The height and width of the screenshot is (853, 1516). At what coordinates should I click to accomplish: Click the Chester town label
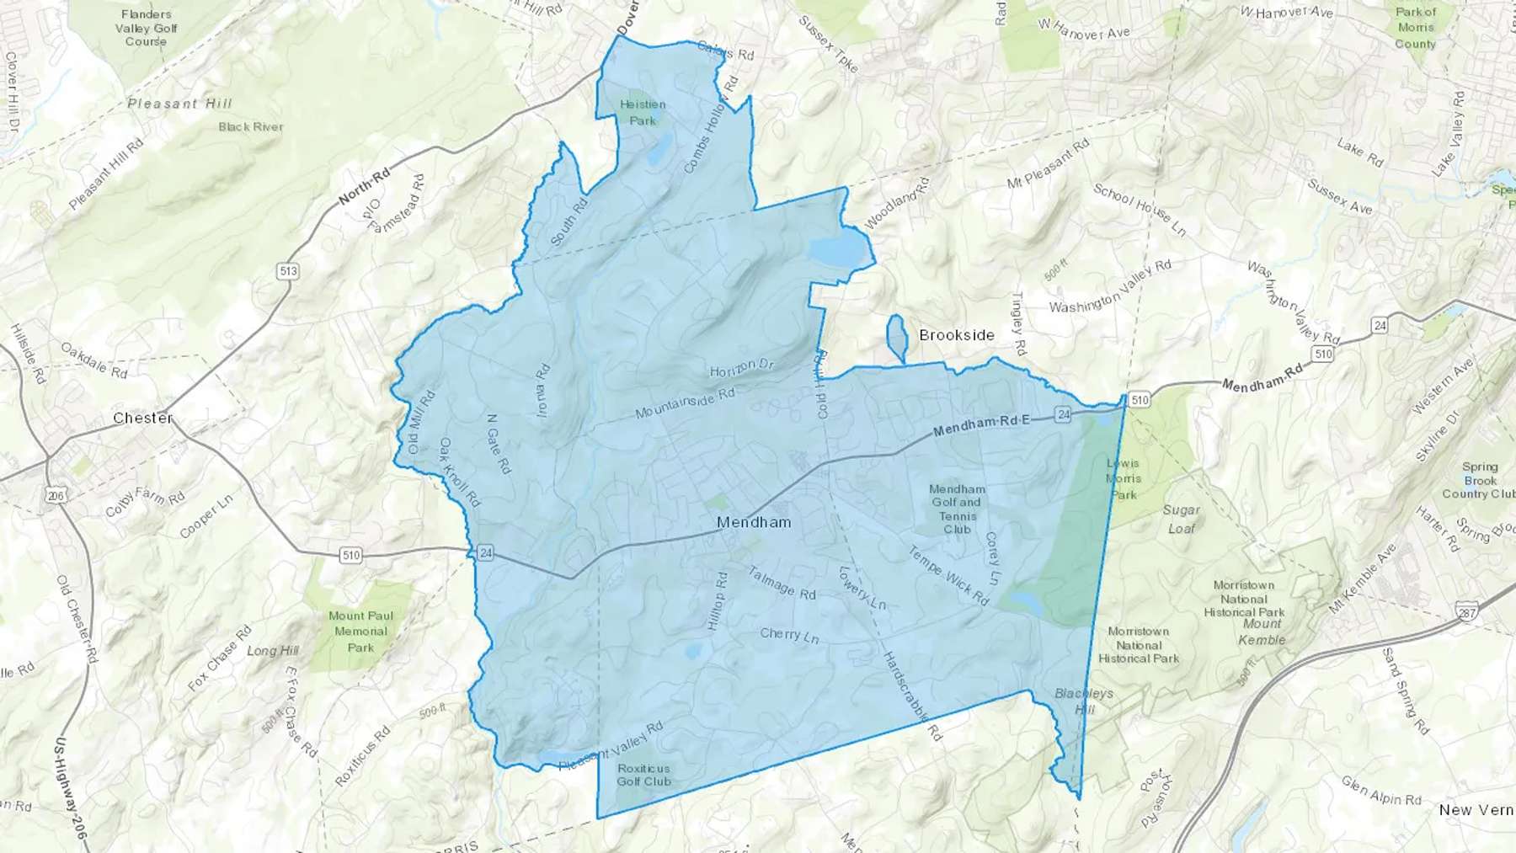click(x=143, y=418)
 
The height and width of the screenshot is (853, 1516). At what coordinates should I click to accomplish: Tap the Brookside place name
click(x=957, y=335)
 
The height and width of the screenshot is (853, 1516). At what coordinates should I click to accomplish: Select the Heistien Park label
click(x=643, y=112)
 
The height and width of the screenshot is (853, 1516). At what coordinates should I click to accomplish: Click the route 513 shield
click(x=288, y=271)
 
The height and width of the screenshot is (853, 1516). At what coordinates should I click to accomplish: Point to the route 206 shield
click(x=56, y=496)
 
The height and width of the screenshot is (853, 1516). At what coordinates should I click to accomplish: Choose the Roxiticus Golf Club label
click(x=644, y=775)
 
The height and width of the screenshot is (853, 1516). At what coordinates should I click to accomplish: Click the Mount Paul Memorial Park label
click(x=360, y=632)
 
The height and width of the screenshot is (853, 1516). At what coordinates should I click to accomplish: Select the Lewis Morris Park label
click(x=1123, y=479)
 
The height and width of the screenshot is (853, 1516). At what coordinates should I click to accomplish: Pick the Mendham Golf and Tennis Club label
click(x=957, y=509)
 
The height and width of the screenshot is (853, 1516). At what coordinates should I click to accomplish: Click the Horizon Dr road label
click(x=742, y=368)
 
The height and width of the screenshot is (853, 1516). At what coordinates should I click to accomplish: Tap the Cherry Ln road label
click(x=789, y=635)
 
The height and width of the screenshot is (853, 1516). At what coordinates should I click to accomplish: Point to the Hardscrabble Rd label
click(x=911, y=696)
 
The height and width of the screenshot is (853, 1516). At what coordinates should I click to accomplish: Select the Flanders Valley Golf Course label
click(x=146, y=28)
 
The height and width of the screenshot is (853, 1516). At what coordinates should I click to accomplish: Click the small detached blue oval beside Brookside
click(x=896, y=334)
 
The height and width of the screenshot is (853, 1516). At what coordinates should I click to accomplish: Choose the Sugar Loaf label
click(x=1182, y=519)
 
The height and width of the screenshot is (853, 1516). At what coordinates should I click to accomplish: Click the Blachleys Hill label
click(x=1084, y=701)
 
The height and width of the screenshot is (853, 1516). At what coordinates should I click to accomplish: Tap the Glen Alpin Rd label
click(x=1381, y=792)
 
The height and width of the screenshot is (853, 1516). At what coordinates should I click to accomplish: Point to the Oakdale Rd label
click(x=93, y=360)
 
